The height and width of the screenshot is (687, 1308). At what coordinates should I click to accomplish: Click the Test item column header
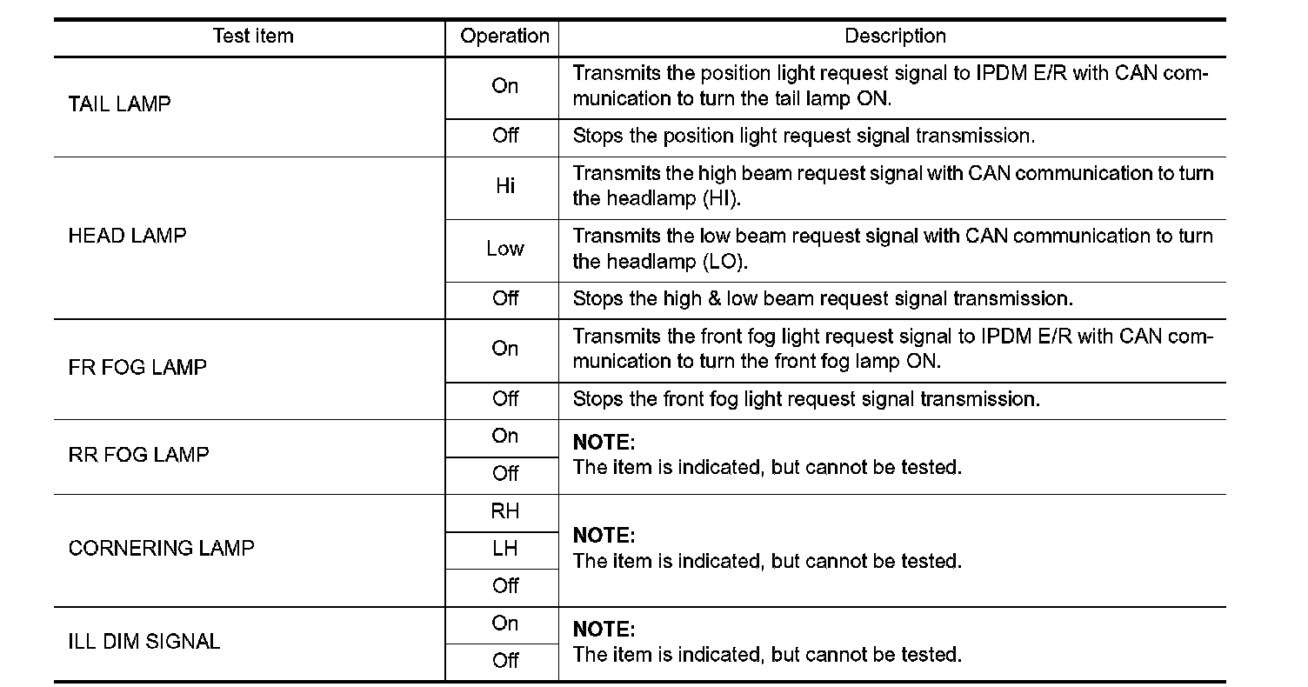click(x=253, y=37)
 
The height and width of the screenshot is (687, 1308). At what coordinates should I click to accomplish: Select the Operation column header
click(x=504, y=37)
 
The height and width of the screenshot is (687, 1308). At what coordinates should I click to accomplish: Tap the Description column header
click(x=895, y=37)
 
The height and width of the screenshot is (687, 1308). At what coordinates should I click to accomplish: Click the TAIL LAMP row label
click(x=119, y=104)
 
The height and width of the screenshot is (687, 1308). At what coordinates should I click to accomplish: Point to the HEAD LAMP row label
click(x=127, y=237)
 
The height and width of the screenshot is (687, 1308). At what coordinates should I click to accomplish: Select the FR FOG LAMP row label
click(x=137, y=368)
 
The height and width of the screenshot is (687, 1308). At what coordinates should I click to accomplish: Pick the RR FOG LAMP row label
click(x=138, y=455)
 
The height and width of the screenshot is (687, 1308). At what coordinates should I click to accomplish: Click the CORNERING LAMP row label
click(x=161, y=549)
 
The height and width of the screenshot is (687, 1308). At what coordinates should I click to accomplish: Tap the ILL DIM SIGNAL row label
click(x=144, y=642)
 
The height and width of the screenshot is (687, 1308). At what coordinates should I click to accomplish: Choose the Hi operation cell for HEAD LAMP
click(x=504, y=187)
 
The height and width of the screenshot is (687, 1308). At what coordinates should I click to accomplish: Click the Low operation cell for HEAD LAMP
click(x=504, y=250)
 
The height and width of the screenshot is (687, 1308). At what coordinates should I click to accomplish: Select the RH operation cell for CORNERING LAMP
click(x=504, y=511)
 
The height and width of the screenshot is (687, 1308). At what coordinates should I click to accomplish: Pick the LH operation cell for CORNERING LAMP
click(x=504, y=549)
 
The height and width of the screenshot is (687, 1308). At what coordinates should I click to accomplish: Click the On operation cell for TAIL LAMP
click(x=504, y=86)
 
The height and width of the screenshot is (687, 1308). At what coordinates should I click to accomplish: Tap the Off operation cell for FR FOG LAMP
click(x=504, y=399)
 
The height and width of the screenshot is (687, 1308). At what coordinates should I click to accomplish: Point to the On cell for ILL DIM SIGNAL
click(x=504, y=624)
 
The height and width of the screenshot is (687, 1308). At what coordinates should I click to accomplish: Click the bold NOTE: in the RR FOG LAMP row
click(x=604, y=443)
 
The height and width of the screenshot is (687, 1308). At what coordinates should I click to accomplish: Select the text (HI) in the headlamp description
click(x=719, y=199)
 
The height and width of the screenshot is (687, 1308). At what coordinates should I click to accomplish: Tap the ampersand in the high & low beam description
click(x=714, y=299)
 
